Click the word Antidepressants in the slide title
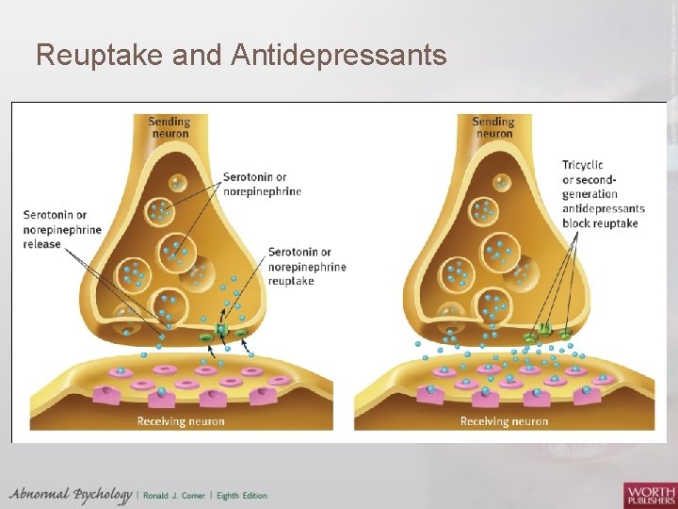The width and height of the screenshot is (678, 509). click(336, 57)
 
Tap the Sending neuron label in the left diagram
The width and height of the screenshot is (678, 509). click(169, 126)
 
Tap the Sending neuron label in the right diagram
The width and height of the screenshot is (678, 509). click(492, 126)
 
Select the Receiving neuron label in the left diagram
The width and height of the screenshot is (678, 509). click(181, 421)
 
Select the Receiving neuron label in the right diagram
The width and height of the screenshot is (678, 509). click(504, 421)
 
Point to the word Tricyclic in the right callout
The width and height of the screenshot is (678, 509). click(583, 165)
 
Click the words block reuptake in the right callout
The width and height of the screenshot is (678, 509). click(600, 223)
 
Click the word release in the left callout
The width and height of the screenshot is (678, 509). click(41, 244)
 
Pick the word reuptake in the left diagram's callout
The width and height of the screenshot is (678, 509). click(291, 280)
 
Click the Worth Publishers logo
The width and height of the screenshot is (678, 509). click(649, 493)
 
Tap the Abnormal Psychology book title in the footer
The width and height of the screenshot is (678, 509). click(71, 495)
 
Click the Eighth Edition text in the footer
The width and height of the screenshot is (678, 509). click(241, 496)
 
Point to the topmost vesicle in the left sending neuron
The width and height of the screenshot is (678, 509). click(177, 183)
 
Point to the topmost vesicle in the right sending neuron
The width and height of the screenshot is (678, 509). click(499, 183)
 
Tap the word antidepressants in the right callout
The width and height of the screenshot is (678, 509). click(604, 208)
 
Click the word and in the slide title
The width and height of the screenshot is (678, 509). click(196, 57)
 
